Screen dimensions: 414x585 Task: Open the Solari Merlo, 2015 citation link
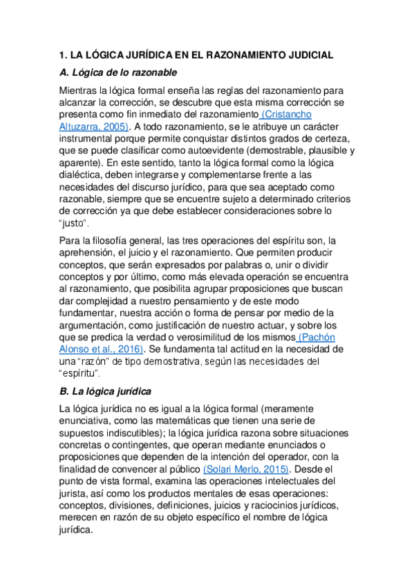coord(236,469)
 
